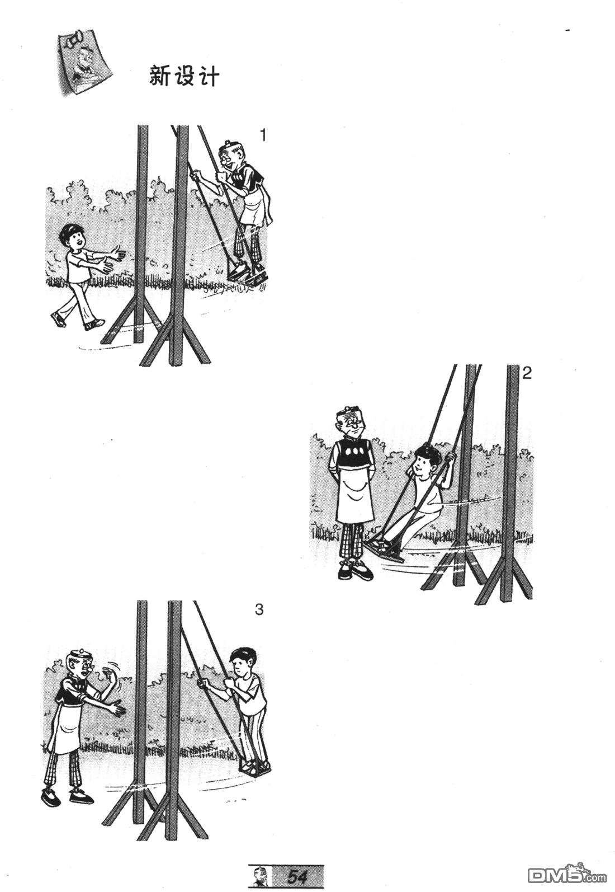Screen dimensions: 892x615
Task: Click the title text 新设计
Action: (x=184, y=76)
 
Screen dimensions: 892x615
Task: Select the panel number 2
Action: (x=527, y=373)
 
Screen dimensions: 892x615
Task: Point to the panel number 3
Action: (x=258, y=609)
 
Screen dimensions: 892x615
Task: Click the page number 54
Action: (x=298, y=876)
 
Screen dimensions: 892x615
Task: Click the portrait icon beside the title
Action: (x=84, y=62)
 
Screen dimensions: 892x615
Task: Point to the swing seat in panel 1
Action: (x=246, y=275)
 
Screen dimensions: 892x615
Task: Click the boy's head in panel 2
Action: (x=424, y=459)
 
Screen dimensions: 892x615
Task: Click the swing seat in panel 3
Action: (x=254, y=768)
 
